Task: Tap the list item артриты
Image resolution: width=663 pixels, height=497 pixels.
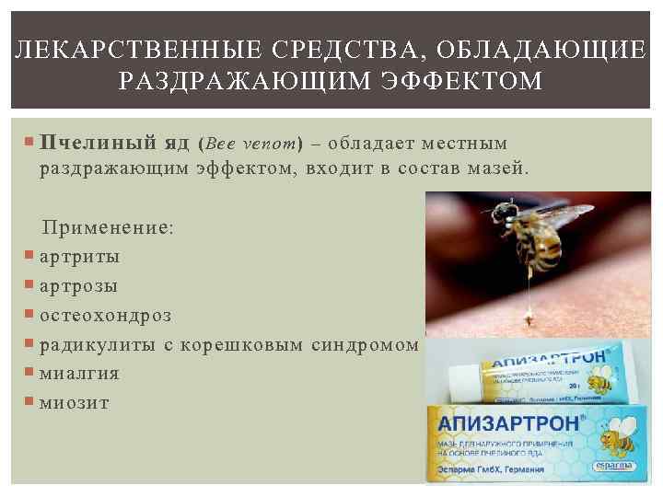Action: pyautogui.click(x=79, y=256)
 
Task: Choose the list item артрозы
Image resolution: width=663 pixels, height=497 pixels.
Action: pyautogui.click(x=78, y=285)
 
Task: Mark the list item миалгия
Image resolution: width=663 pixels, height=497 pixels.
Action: pyautogui.click(x=79, y=373)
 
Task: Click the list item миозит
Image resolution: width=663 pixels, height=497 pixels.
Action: pyautogui.click(x=74, y=402)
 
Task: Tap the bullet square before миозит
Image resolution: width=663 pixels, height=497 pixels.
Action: pyautogui.click(x=31, y=401)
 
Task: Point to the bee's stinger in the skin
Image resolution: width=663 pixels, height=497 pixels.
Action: pyautogui.click(x=529, y=316)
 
